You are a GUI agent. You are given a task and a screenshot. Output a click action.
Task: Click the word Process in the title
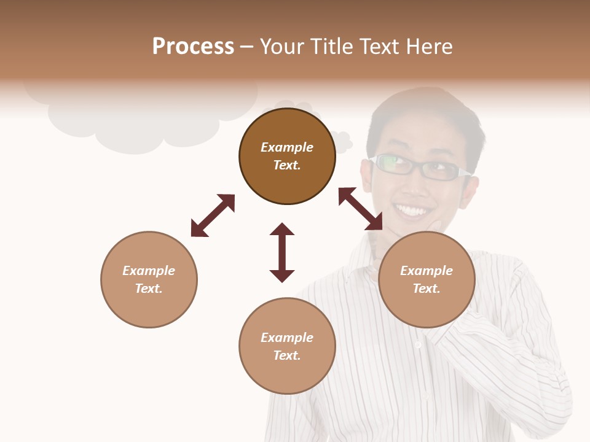(193, 47)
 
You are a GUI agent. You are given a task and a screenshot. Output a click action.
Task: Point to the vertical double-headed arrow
(282, 252)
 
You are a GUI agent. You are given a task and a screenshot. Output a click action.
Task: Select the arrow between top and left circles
(213, 215)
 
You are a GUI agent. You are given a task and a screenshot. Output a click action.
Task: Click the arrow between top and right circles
(360, 209)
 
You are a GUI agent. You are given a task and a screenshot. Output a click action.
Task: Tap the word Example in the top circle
(287, 147)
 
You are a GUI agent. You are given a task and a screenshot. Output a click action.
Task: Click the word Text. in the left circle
(149, 289)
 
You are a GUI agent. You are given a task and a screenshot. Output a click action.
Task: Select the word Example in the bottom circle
(287, 338)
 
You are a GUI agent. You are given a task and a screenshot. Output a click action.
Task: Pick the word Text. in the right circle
(427, 289)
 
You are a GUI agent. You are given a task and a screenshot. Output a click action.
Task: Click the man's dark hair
(424, 114)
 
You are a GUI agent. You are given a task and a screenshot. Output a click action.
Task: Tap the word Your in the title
(281, 47)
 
